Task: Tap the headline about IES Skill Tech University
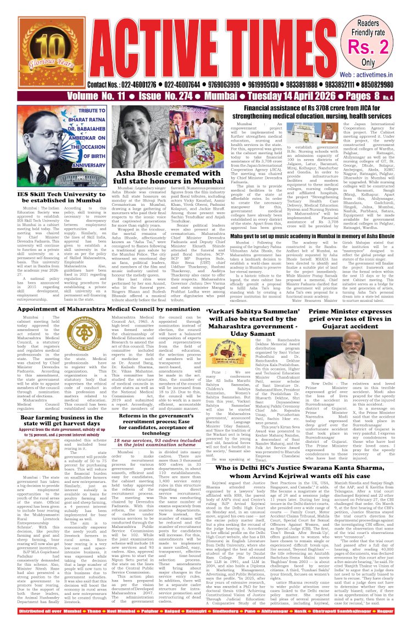(x=61, y=198)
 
